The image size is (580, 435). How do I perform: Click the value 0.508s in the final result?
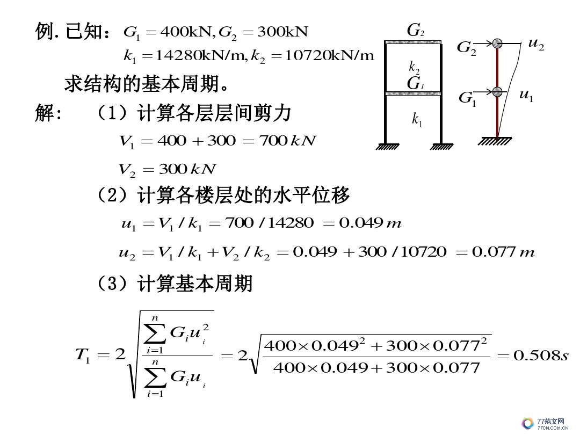[541, 355]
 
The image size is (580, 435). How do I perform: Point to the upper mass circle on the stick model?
[497, 43]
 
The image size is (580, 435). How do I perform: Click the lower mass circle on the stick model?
[497, 92]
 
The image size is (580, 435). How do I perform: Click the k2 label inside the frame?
[414, 67]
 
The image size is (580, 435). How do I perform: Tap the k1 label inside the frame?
[417, 120]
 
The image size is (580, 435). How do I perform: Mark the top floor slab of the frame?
[412, 42]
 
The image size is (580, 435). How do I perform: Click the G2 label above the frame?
[414, 31]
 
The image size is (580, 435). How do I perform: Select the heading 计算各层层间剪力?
[214, 113]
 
